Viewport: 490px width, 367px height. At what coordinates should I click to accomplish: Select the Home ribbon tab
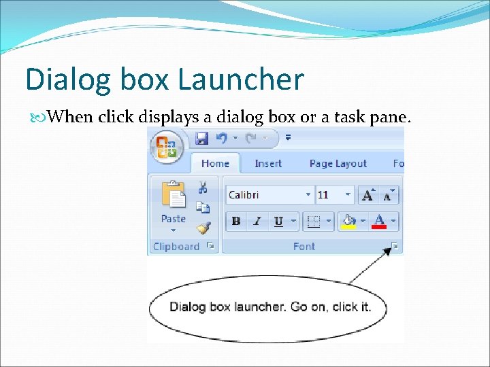click(x=215, y=164)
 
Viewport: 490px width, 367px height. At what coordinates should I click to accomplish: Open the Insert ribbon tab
click(x=268, y=164)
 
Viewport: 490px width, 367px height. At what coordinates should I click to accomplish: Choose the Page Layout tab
click(x=338, y=164)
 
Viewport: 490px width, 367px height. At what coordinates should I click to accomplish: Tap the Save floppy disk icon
click(x=201, y=138)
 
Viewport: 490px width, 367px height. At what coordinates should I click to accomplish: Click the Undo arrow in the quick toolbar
click(x=222, y=138)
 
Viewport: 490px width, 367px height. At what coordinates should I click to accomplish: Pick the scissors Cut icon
click(x=203, y=187)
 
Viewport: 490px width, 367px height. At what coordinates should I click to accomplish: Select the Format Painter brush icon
click(x=203, y=228)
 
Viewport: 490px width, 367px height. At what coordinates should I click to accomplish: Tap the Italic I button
click(x=257, y=221)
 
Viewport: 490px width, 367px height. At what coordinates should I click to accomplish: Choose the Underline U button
click(x=278, y=221)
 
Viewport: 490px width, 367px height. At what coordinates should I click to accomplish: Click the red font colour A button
click(x=379, y=221)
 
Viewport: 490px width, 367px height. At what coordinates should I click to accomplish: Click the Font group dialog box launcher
click(x=395, y=246)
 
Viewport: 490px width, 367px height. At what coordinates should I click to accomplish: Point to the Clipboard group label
click(x=176, y=247)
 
